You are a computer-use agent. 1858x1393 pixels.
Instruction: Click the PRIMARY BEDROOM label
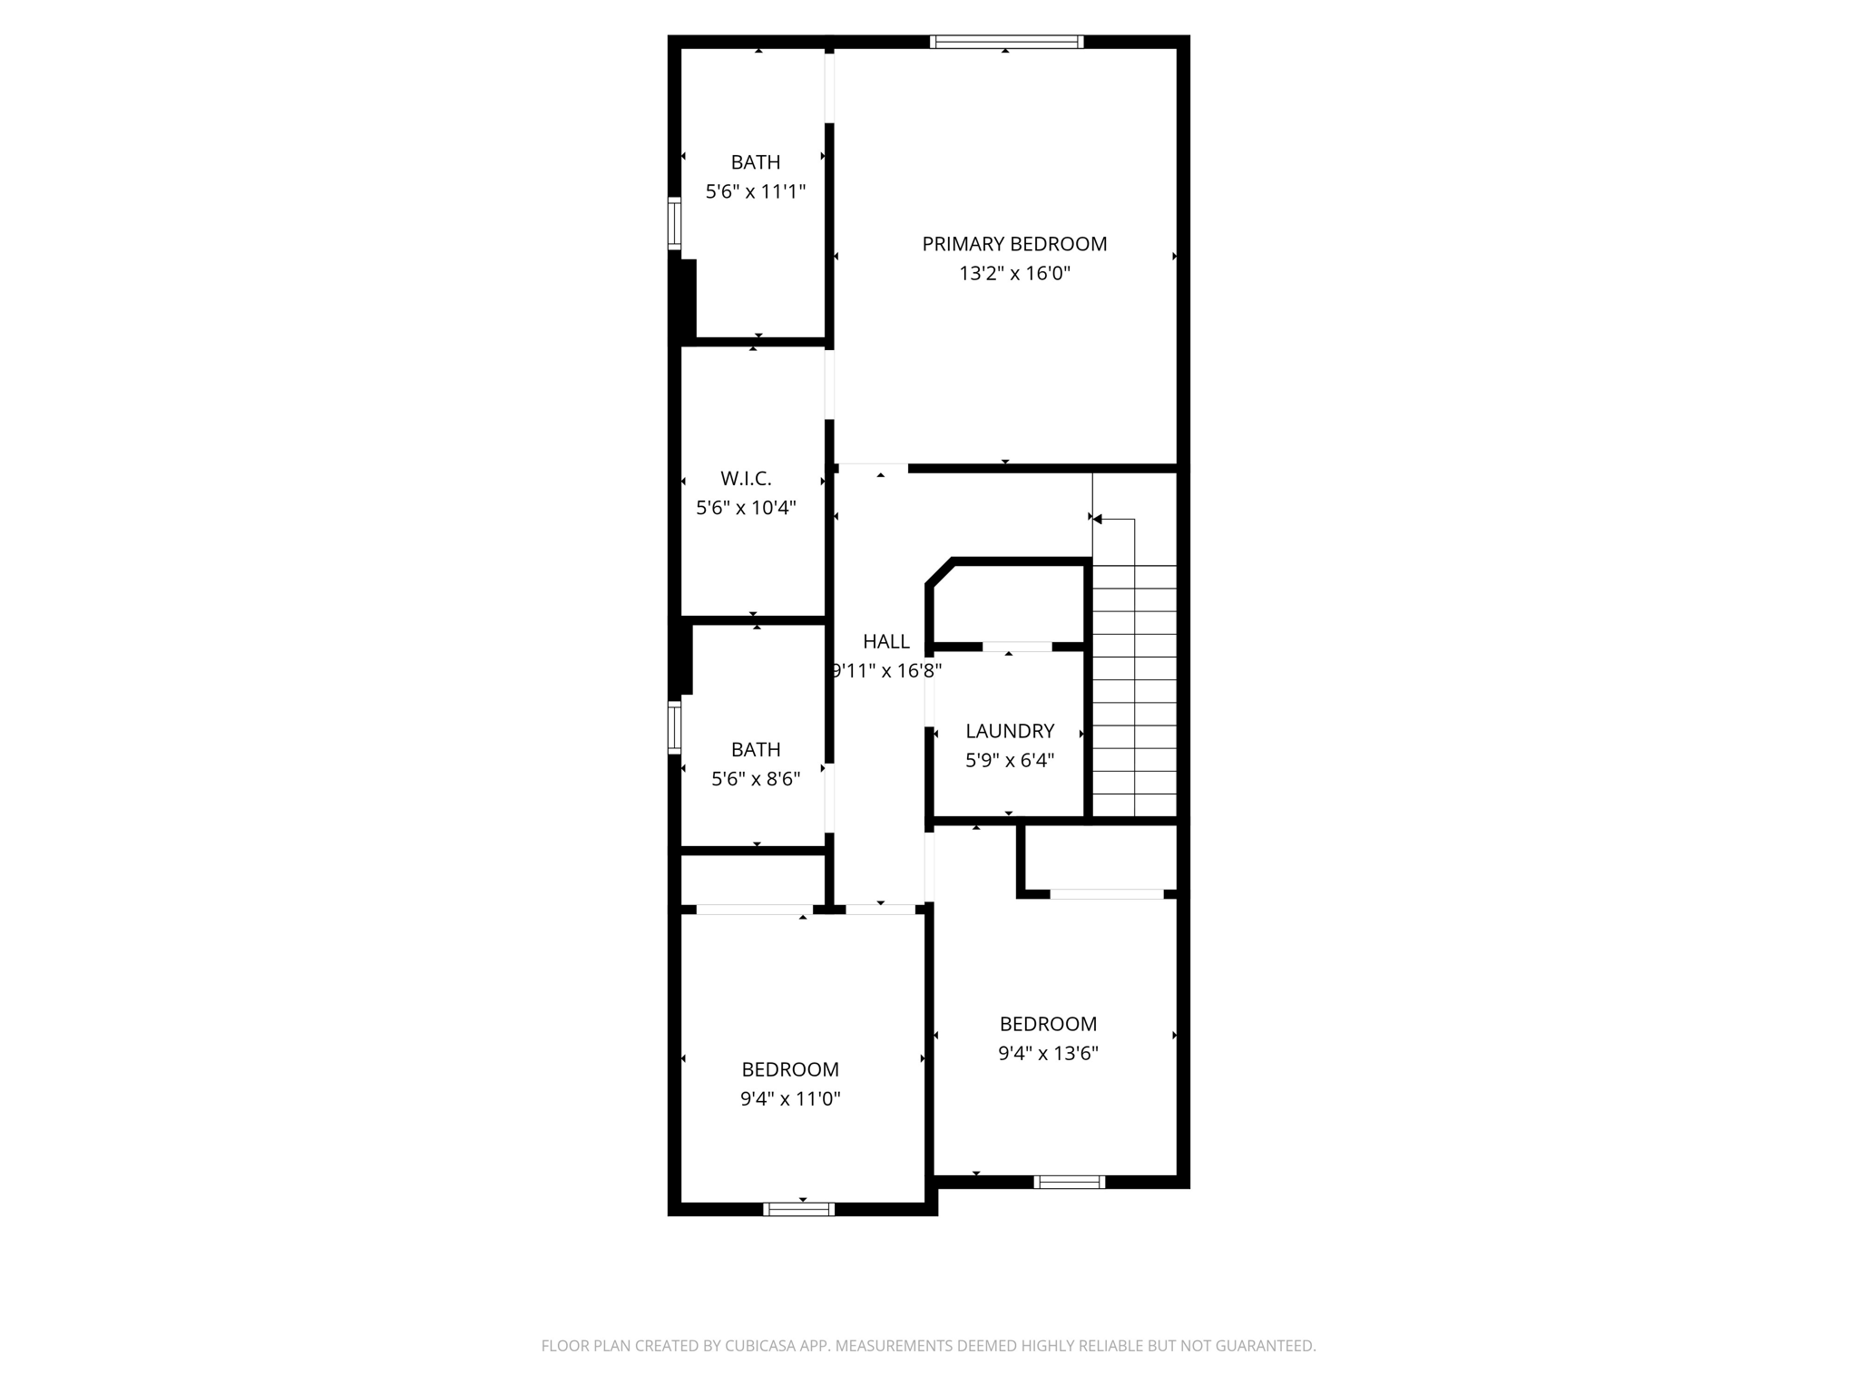click(x=1014, y=244)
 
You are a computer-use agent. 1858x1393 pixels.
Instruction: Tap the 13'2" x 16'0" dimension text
click(x=1014, y=274)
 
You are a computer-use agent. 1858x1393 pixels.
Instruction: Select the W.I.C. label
click(x=746, y=479)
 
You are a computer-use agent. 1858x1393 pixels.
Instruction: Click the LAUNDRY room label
click(x=1010, y=731)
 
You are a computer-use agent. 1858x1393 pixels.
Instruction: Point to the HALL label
click(x=886, y=642)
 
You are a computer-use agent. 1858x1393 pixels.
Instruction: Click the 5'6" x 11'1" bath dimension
click(x=756, y=192)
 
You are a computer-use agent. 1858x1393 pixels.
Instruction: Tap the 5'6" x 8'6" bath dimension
click(x=756, y=779)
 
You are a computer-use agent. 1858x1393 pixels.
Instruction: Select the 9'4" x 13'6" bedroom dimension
click(x=1048, y=1054)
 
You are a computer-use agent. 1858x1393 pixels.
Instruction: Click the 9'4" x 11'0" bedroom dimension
click(x=790, y=1099)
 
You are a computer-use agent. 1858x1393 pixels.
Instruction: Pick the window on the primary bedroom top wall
click(x=1007, y=42)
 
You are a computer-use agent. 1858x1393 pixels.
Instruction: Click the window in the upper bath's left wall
click(x=674, y=223)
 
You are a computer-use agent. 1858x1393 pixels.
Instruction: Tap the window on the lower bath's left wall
click(x=674, y=727)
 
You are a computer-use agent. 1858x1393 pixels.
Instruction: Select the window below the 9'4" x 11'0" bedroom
click(x=798, y=1209)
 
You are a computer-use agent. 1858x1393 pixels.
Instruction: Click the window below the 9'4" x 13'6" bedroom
click(x=1069, y=1182)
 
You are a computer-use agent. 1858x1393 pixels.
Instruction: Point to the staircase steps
click(x=1134, y=689)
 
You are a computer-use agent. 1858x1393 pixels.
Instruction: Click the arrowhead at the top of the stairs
click(x=1098, y=520)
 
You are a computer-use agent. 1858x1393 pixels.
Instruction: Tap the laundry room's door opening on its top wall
click(x=1017, y=647)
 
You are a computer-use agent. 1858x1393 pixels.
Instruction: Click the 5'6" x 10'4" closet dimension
click(x=746, y=508)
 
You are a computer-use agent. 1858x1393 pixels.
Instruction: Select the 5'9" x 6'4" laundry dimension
click(x=1010, y=761)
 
